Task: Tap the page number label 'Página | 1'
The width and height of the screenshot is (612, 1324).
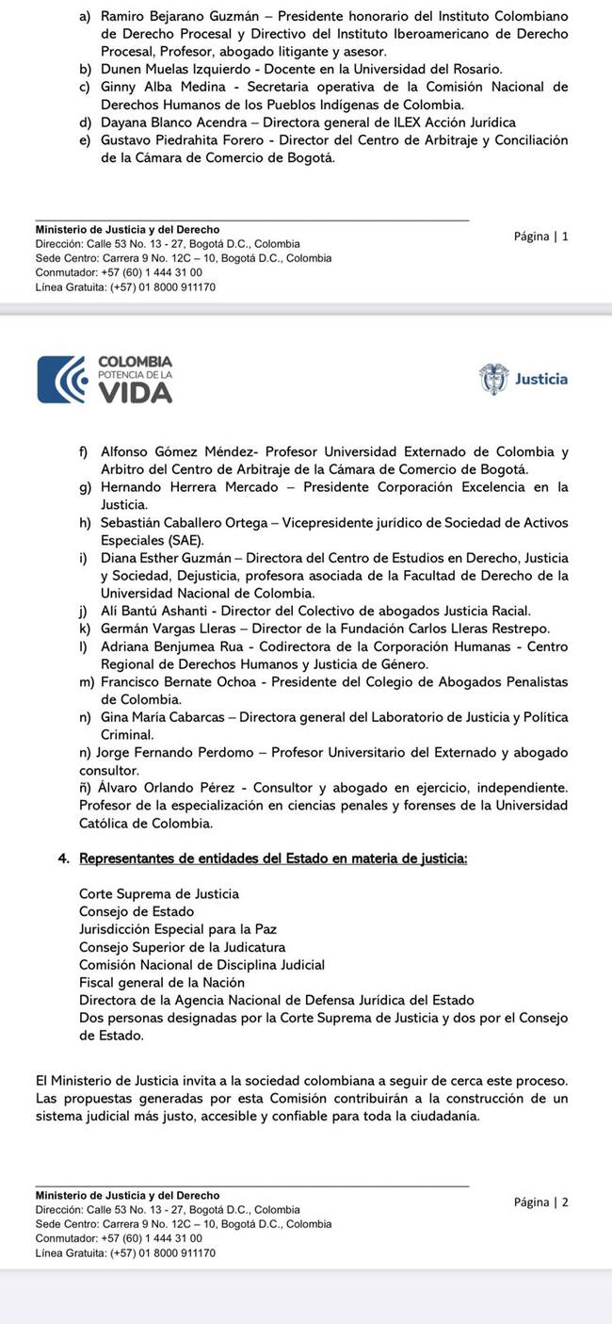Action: coord(540,237)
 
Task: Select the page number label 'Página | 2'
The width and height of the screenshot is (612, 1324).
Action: coord(540,1202)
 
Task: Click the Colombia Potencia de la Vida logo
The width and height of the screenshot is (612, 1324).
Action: coord(105,379)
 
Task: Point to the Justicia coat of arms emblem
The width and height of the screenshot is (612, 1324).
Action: coord(493,379)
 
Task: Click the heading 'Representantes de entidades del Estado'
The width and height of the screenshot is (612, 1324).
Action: coord(273,858)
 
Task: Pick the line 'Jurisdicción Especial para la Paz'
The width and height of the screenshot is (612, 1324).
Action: coord(177,929)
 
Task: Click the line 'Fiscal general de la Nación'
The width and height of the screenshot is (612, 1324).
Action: coord(162,982)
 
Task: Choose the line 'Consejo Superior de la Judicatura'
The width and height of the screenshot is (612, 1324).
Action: coord(182,947)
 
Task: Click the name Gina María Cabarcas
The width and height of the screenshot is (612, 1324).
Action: coord(166,717)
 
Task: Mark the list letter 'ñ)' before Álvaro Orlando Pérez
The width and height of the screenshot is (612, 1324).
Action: coord(87,787)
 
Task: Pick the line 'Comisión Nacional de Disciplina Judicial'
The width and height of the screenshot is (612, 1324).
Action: coord(201,965)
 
